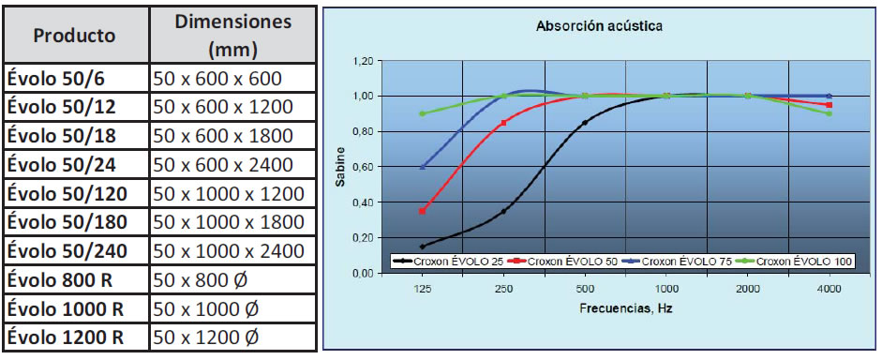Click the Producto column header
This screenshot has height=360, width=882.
pos(75,36)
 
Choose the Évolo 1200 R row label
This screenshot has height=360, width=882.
pos(67,337)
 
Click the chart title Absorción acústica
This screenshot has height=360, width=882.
pos(599,26)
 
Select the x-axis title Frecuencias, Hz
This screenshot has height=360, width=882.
pos(625,307)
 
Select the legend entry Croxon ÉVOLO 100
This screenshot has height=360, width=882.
pos(802,261)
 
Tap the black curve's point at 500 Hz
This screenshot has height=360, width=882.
pos(585,123)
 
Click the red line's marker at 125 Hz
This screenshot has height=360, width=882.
pos(423,211)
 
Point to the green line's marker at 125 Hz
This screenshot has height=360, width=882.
pos(423,113)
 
